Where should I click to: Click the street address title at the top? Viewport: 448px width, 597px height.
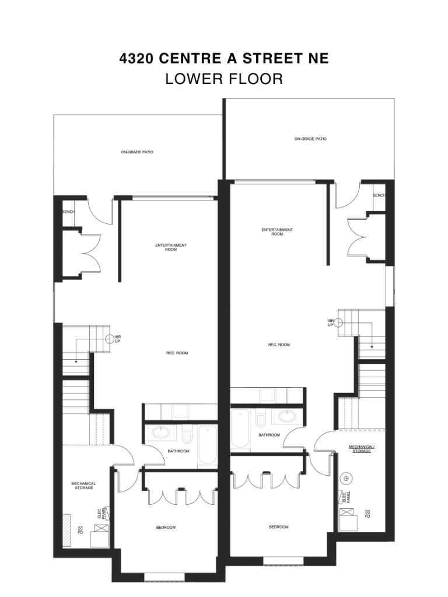pyautogui.click(x=224, y=58)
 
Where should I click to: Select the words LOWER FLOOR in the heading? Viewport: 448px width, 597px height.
pyautogui.click(x=224, y=79)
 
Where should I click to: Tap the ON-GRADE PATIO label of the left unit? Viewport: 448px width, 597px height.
pyautogui.click(x=137, y=152)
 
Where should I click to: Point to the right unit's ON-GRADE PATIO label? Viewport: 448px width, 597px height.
pyautogui.click(x=310, y=139)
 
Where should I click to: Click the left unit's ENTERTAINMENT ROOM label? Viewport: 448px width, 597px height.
pyautogui.click(x=171, y=247)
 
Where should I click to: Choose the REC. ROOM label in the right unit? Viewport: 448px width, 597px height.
pyautogui.click(x=279, y=345)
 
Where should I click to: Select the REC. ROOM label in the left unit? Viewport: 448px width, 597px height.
pyautogui.click(x=177, y=353)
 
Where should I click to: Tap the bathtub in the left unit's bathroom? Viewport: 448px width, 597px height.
pyautogui.click(x=207, y=446)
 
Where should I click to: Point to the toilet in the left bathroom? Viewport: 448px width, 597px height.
pyautogui.click(x=187, y=436)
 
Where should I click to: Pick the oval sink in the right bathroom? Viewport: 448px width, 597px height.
pyautogui.click(x=286, y=416)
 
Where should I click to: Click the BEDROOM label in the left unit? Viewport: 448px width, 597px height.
pyautogui.click(x=166, y=527)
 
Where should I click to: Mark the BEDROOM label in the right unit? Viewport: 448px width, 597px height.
pyautogui.click(x=278, y=527)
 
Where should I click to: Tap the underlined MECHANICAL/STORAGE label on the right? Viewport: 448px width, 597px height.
pyautogui.click(x=362, y=448)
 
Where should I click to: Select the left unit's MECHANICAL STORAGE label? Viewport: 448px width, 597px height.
pyautogui.click(x=83, y=486)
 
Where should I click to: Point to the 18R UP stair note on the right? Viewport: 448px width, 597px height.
pyautogui.click(x=331, y=323)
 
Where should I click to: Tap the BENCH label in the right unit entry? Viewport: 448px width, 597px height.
pyautogui.click(x=379, y=195)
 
